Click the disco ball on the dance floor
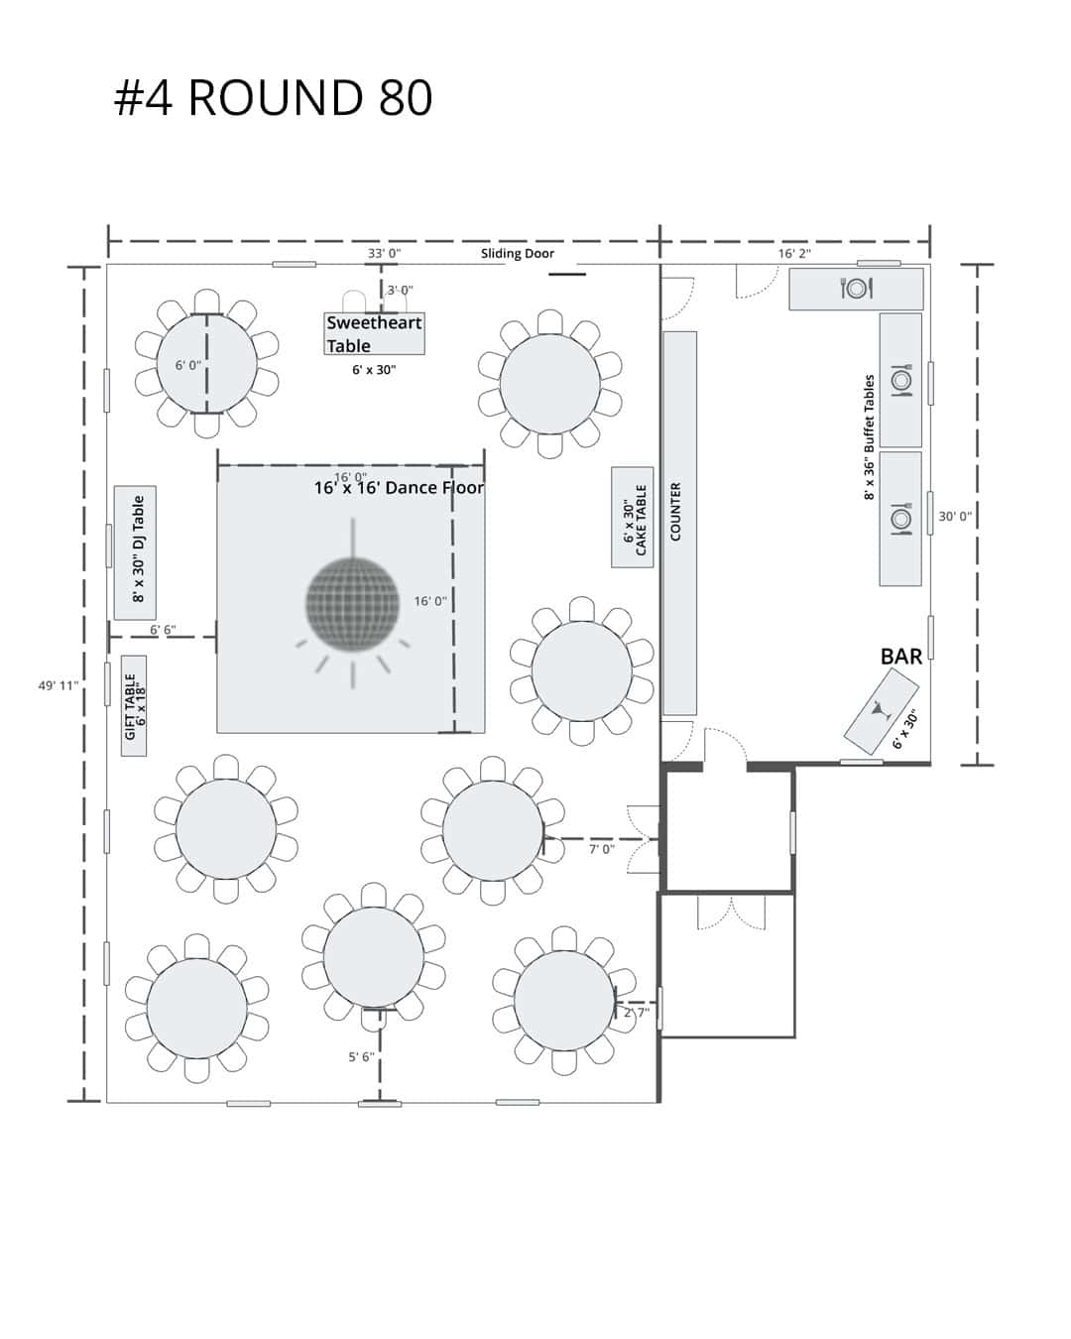point(352,604)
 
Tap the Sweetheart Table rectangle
point(374,333)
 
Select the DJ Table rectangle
point(135,552)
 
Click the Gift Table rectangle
point(134,705)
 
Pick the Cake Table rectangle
point(633,517)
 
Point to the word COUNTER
point(676,511)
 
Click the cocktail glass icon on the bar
point(881,709)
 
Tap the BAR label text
point(901,657)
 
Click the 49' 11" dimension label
point(59,685)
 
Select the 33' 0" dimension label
point(384,253)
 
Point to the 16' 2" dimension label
point(794,253)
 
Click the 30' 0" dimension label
point(955,517)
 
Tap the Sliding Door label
point(517,253)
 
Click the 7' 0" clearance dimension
point(602,849)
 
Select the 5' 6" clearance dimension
point(361,1056)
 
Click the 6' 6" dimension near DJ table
point(163,630)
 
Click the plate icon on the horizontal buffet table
point(856,288)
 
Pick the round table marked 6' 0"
point(206,364)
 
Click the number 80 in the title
point(406,97)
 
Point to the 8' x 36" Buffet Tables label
point(870,436)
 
